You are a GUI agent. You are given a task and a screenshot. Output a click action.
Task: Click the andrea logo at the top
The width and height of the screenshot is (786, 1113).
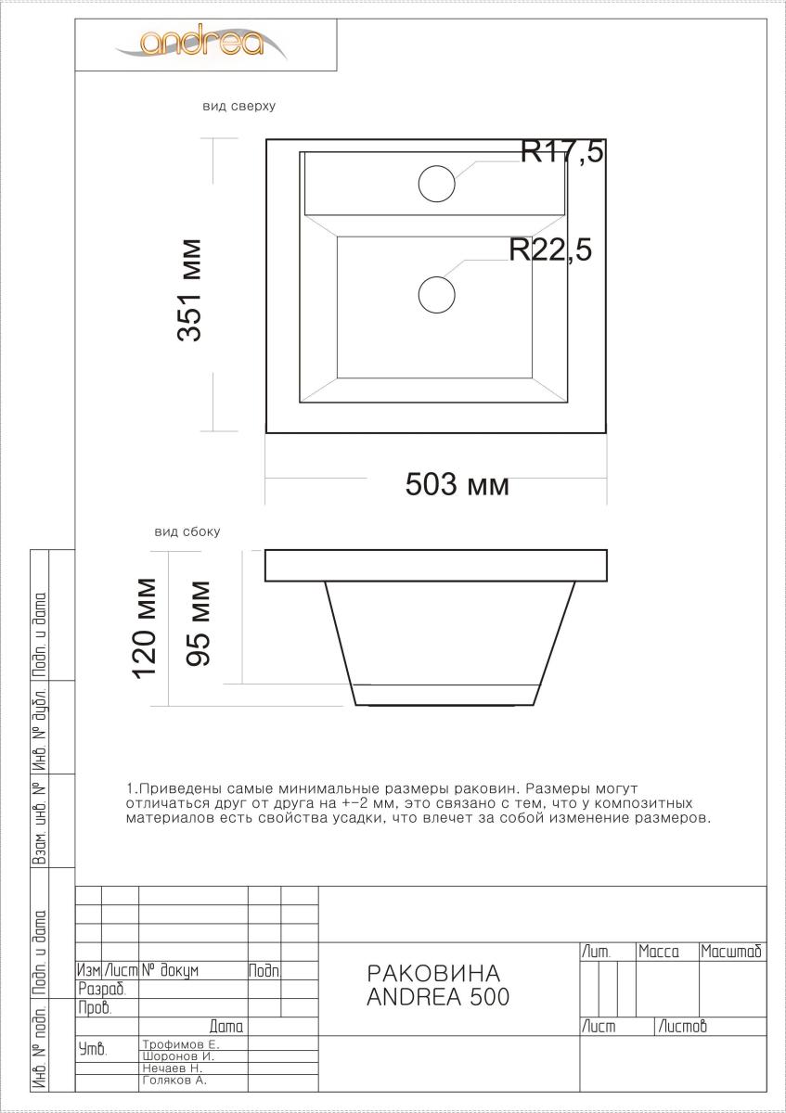pos(200,43)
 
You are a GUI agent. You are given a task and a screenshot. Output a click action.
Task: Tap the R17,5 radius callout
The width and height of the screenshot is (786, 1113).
pos(561,151)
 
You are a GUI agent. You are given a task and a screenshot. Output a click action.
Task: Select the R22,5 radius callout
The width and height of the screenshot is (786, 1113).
pos(550,249)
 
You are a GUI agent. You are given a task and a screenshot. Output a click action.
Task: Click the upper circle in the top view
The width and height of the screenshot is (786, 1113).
pos(436,184)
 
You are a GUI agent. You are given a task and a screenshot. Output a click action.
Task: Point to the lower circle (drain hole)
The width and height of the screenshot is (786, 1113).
pos(436,295)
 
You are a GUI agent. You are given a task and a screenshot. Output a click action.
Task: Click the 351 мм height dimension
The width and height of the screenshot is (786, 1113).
pos(189,290)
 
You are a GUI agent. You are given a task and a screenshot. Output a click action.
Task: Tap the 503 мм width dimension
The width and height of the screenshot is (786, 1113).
pos(457,484)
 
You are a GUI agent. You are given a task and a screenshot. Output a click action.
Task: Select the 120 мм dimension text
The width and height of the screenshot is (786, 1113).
pos(144,629)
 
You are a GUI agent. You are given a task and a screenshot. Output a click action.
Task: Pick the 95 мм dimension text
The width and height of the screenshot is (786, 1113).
pos(198,623)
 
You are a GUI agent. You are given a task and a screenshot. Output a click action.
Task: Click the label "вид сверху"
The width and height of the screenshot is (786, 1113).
pos(238,106)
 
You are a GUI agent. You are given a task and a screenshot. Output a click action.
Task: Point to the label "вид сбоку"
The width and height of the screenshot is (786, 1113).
pos(187,531)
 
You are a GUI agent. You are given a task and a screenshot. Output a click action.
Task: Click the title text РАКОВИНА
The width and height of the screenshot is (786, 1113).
pos(433,973)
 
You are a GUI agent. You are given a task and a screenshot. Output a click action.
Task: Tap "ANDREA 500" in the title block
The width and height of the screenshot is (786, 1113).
pos(438,997)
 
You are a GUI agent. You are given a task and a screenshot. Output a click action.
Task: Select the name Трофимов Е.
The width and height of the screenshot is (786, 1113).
pos(181,1044)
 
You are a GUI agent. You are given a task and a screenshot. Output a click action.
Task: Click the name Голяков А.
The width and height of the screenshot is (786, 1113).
pos(174,1081)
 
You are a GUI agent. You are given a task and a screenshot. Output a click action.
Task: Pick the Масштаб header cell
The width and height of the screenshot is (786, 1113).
pos(732,952)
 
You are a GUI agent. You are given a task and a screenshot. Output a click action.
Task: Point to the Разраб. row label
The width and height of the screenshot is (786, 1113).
pos(101,990)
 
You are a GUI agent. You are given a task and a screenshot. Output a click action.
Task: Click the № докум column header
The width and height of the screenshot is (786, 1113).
pos(171,970)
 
